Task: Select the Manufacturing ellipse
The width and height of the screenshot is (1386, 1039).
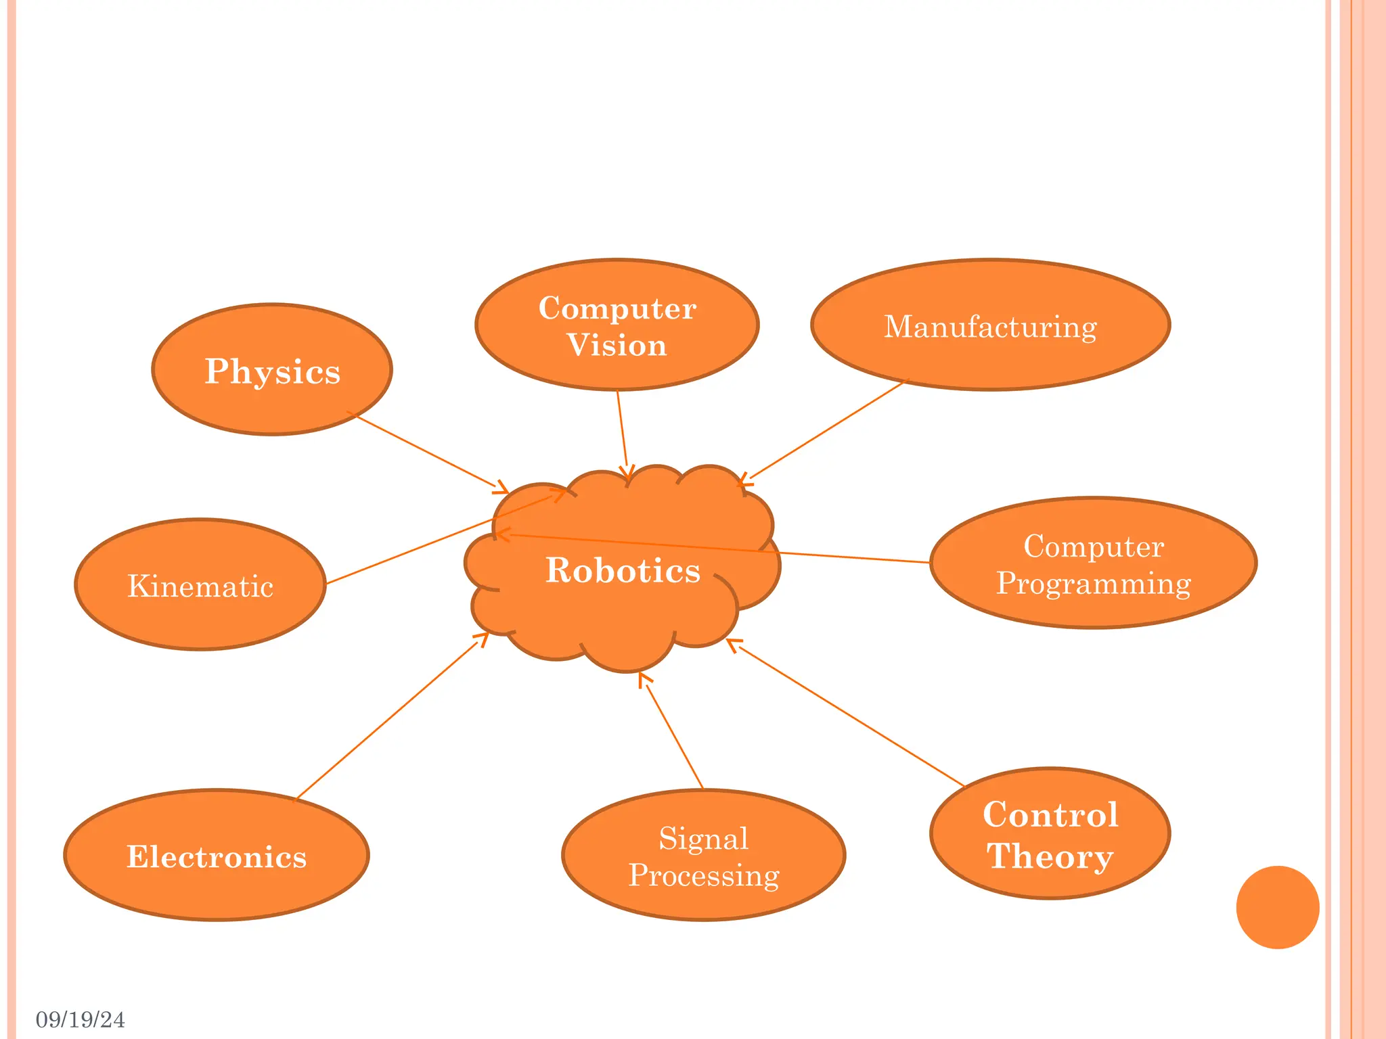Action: pos(990,325)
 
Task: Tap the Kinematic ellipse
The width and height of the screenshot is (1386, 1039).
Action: pos(200,585)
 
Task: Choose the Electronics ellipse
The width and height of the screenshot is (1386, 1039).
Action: pos(217,856)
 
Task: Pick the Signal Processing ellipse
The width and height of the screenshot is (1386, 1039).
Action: pos(704,856)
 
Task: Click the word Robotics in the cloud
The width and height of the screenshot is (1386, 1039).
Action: pos(623,570)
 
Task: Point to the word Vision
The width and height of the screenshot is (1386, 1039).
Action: pos(617,345)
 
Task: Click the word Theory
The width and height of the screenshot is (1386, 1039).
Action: pos(1050,856)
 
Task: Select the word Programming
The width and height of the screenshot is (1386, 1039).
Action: pos(1093,583)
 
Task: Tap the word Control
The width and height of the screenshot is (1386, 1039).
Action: pos(1050,814)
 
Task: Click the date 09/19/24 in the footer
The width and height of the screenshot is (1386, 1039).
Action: pos(81,1019)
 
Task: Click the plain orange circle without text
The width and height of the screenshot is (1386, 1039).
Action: pos(1277,907)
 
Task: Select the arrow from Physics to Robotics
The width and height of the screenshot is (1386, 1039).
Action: pos(426,451)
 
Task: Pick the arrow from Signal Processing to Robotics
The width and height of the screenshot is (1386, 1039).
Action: pos(673,733)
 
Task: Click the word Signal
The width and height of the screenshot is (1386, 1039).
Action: pos(704,839)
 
